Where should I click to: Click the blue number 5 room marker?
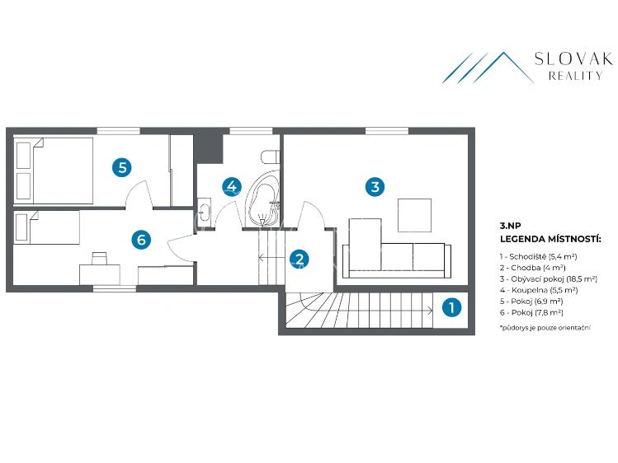pyautogui.click(x=122, y=167)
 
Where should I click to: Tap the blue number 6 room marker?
pyautogui.click(x=141, y=239)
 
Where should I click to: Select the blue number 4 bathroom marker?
pyautogui.click(x=231, y=186)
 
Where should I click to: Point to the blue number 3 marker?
pyautogui.click(x=375, y=186)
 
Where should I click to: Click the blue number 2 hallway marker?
pyautogui.click(x=300, y=259)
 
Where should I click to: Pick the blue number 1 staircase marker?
pyautogui.click(x=451, y=307)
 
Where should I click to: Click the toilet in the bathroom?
pyautogui.click(x=271, y=157)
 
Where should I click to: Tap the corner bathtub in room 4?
pyautogui.click(x=263, y=199)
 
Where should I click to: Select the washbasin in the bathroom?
pyautogui.click(x=204, y=213)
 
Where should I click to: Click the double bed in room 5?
pyautogui.click(x=54, y=171)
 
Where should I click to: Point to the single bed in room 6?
pyautogui.click(x=47, y=227)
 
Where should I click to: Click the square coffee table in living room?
pyautogui.click(x=414, y=215)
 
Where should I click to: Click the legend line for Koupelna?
pyautogui.click(x=539, y=290)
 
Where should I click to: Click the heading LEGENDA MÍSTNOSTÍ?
pyautogui.click(x=550, y=238)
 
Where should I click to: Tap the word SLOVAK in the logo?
pyautogui.click(x=574, y=58)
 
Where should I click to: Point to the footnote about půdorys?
pyautogui.click(x=545, y=327)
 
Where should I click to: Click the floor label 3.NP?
pyautogui.click(x=511, y=226)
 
